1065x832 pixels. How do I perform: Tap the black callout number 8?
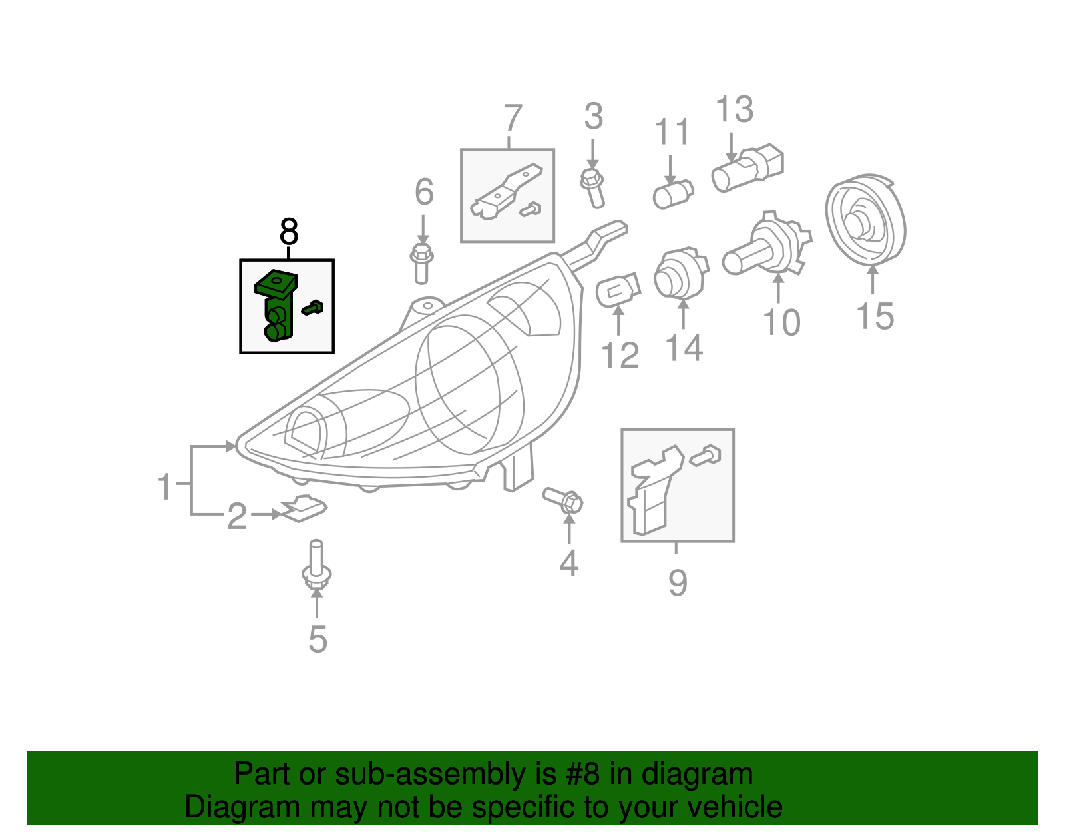pos(288,232)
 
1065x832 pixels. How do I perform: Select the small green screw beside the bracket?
pos(312,308)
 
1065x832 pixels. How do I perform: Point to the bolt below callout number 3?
pos(592,187)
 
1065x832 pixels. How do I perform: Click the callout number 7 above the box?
pos(511,119)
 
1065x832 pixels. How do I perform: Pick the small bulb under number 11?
pos(673,195)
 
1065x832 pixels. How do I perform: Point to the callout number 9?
pos(677,583)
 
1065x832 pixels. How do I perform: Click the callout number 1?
pos(164,486)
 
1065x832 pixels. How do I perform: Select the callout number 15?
pos(874,316)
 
